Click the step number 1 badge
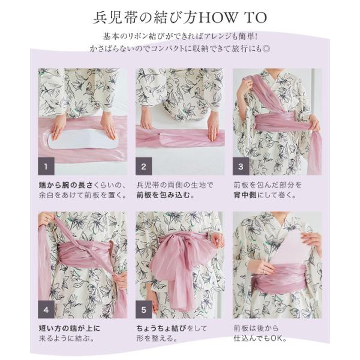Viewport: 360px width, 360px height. [46, 166]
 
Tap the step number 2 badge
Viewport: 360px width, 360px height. [143, 166]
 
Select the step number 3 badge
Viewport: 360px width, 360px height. [241, 166]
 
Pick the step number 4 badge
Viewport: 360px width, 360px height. [46, 310]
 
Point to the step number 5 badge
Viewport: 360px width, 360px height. [143, 310]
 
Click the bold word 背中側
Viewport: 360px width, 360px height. [245, 195]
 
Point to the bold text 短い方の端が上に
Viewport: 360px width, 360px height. [70, 328]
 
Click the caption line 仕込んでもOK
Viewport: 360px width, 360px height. [260, 338]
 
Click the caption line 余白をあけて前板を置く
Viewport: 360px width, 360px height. [83, 195]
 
